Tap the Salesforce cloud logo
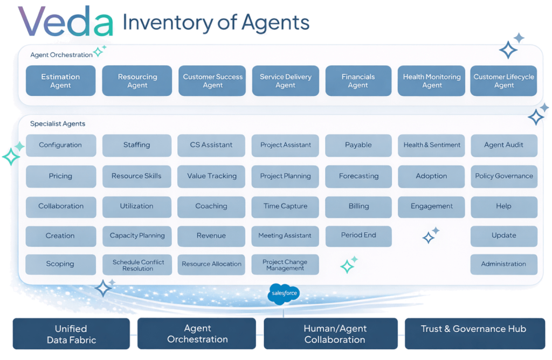(284, 294)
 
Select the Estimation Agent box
(60, 81)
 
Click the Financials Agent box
(358, 81)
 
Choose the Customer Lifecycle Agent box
(503, 81)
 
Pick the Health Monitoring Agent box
(431, 81)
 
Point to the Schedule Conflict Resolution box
(137, 265)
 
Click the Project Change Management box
(285, 265)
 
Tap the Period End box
(358, 236)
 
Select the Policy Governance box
(503, 176)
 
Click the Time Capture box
(285, 206)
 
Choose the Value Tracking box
(211, 176)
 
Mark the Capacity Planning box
(137, 236)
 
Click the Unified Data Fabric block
(71, 334)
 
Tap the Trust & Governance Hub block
(473, 329)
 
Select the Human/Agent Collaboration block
(334, 334)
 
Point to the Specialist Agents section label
(58, 124)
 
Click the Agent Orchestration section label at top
(61, 55)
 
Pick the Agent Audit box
(503, 145)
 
